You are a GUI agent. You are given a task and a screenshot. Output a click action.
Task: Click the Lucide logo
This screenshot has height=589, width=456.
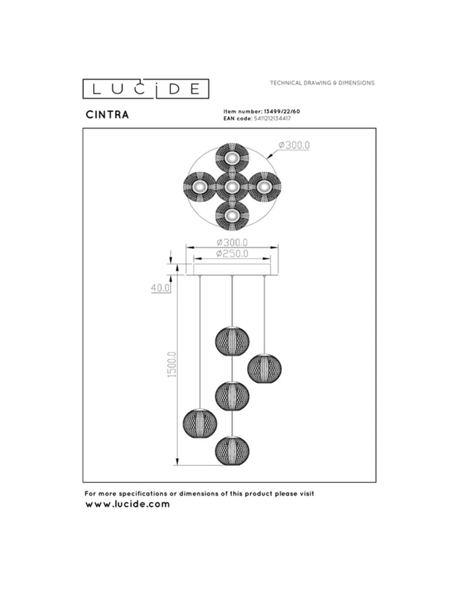coord(146,89)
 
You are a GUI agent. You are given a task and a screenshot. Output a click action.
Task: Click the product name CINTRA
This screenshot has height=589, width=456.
coord(107,115)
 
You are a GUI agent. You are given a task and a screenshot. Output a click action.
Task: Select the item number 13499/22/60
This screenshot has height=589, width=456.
coord(281,111)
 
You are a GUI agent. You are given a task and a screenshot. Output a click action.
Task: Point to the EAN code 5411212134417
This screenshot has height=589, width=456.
coord(272,118)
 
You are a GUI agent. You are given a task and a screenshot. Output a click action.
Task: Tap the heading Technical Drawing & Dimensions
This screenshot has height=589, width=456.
coord(322,83)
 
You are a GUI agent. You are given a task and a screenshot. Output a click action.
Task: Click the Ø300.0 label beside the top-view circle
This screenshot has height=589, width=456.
coord(294,145)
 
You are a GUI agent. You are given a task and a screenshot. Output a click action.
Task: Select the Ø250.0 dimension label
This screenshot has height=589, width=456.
coord(232,254)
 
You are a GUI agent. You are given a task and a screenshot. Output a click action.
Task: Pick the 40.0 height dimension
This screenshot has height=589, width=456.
coord(160,287)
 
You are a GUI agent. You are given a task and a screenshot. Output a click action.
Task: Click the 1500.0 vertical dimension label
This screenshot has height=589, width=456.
coord(172,365)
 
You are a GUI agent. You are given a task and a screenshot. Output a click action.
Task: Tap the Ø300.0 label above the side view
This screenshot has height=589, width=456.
coord(232,242)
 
